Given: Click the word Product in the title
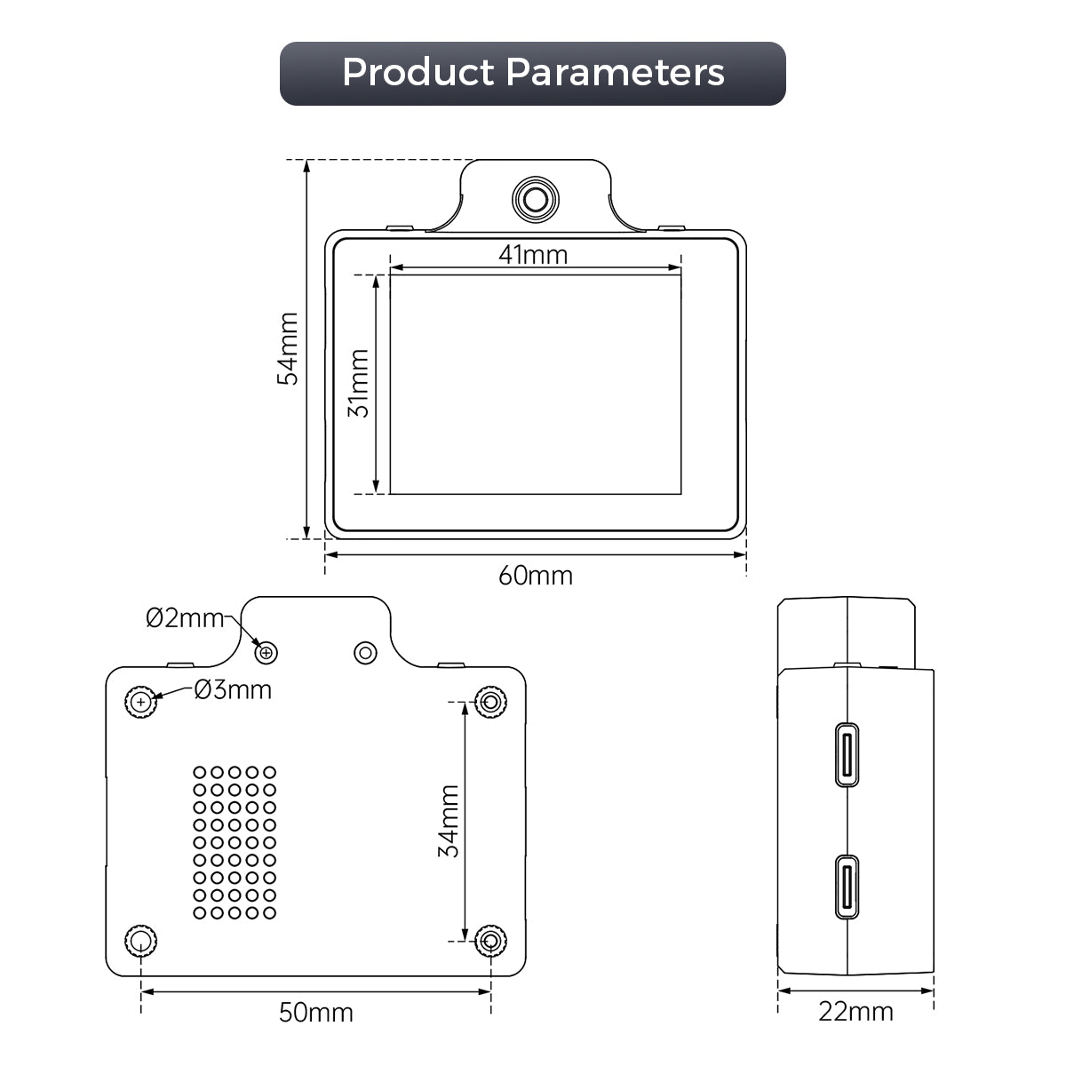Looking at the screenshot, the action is pos(418,73).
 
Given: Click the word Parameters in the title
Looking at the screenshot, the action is pos(615,72).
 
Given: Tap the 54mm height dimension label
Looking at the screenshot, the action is pos(288,348).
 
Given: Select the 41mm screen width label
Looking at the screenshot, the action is pos(533,255).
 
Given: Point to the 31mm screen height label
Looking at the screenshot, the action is pos(359,384).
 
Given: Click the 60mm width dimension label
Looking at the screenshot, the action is pos(535,576).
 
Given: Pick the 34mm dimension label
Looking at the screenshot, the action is pos(449,821).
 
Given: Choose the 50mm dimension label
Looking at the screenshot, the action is pos(316,1013).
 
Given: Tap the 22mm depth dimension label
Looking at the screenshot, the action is pos(855,1012).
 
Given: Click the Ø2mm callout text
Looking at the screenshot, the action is pos(185,618).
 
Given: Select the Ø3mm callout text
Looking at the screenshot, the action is pos(233,690).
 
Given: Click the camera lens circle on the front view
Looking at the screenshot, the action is pos(535,199).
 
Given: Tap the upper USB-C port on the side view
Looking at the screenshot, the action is pos(847,754).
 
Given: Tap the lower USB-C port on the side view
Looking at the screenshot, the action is pos(847,887).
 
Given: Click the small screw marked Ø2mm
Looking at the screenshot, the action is pos(266,653).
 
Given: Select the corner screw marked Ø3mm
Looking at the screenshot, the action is pos(141,702).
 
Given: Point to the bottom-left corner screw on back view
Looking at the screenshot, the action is pos(141,941).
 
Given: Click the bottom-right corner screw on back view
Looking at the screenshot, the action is pos(490,941).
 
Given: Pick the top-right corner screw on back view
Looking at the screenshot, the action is pos(490,702).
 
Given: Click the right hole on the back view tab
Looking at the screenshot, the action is pos(365,653).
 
